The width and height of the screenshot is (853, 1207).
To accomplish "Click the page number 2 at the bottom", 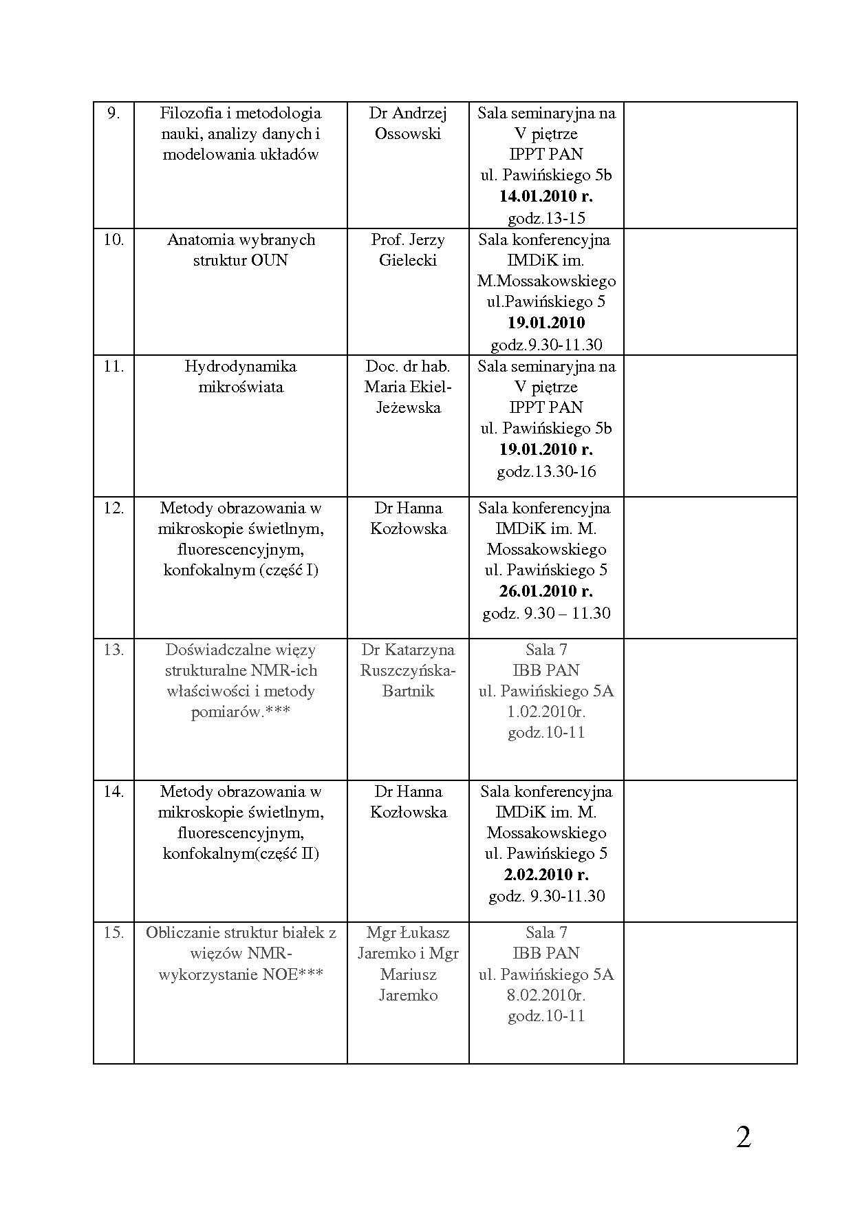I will pos(743,1137).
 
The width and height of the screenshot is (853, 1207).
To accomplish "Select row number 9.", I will pos(114,113).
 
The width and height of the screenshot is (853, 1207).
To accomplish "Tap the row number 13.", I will pos(114,650).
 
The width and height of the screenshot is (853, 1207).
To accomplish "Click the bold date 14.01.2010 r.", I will pos(546,196).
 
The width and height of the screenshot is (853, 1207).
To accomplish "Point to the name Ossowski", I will pos(408,133).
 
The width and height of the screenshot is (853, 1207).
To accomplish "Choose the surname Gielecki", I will pos(408,260).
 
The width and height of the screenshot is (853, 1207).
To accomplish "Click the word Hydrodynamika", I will pos(240,366).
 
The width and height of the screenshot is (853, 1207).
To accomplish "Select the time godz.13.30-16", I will pos(546,471).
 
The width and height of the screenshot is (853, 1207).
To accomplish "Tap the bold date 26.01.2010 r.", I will pos(546,591).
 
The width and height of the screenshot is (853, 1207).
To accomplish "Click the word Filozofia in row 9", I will pos(188,113).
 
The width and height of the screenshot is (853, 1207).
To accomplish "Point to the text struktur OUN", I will pos(240,260).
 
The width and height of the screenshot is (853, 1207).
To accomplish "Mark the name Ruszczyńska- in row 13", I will pos(408,670).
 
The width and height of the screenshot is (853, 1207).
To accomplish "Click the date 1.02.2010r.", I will pos(546,712).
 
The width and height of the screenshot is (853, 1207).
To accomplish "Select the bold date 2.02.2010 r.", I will pos(546,875).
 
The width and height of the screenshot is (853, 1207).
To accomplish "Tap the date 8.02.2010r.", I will pos(546,995).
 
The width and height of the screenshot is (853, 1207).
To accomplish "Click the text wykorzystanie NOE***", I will pos(240,974).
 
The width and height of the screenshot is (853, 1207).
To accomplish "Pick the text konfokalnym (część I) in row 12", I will pos(240,570).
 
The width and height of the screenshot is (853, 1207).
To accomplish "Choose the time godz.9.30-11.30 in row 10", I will pos(546,344).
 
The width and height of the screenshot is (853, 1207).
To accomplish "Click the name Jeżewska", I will pos(408,407).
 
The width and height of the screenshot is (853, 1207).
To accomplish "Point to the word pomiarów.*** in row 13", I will pos(240,712).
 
